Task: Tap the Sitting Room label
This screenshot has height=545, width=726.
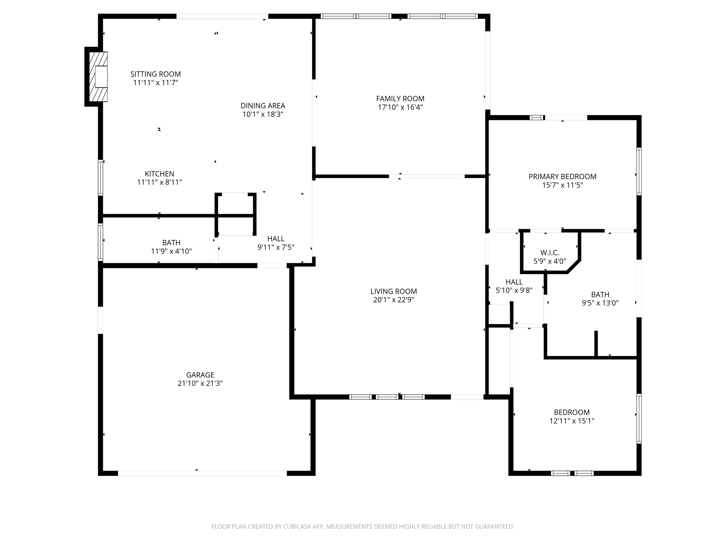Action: tap(155, 74)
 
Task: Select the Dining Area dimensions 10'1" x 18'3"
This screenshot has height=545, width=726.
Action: tap(263, 114)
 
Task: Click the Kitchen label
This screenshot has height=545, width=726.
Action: tap(159, 174)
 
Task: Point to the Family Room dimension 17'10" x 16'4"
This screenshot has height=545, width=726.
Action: tap(400, 107)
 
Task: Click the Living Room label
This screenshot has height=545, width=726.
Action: tap(393, 291)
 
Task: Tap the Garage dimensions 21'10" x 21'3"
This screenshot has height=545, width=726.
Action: tap(200, 383)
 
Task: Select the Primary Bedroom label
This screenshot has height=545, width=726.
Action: tap(562, 176)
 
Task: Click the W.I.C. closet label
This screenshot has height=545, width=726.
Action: tap(549, 253)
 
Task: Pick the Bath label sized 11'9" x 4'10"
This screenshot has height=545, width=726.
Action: tap(171, 243)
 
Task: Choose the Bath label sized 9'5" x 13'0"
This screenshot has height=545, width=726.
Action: tap(600, 294)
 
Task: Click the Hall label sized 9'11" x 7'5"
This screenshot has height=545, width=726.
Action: tap(276, 239)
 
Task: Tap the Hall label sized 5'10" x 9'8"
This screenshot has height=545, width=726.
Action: tap(514, 282)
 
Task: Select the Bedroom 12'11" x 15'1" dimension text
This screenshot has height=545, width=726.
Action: tap(571, 421)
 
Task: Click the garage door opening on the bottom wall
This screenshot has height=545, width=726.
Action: tap(202, 473)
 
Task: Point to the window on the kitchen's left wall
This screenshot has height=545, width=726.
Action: tap(101, 177)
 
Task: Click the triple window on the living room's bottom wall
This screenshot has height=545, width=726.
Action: tap(387, 397)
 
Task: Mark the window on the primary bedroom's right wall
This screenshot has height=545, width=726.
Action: tap(639, 171)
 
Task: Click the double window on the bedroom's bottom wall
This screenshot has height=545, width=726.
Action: tap(572, 473)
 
